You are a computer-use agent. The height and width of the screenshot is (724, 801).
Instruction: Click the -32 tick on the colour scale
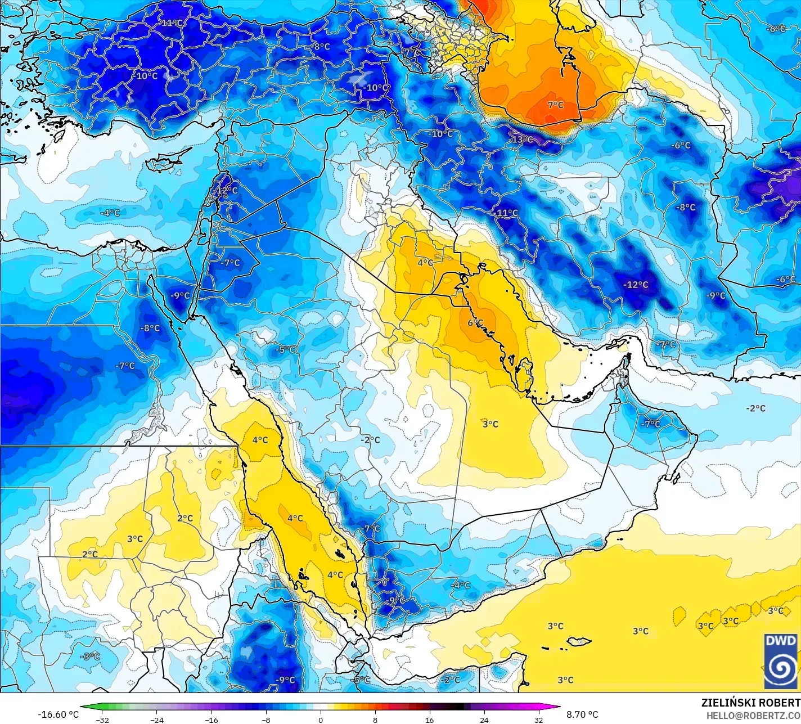102,719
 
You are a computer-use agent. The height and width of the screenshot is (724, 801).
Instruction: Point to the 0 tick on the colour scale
321,719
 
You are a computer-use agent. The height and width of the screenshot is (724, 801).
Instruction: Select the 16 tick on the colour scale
430,719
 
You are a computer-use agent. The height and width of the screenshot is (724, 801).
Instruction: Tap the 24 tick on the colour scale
484,719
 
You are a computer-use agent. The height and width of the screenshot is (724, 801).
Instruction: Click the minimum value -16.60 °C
58,714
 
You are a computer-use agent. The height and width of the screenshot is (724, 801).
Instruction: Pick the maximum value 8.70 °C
582,714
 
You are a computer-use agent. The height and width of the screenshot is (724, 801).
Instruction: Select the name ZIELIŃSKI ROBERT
750,703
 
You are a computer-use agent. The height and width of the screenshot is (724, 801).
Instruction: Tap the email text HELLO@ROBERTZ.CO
754,715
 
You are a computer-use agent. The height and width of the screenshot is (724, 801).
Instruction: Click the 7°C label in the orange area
556,105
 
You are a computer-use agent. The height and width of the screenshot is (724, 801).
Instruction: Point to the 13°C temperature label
521,139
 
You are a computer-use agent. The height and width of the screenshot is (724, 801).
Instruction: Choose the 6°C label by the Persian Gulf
475,323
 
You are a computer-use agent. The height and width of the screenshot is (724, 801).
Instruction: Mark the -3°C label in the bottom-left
90,656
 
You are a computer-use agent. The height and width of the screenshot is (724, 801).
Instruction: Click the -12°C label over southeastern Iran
636,285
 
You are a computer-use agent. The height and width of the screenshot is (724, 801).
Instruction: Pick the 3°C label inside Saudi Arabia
490,424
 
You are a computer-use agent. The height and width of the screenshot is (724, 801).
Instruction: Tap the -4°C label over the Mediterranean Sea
110,213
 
